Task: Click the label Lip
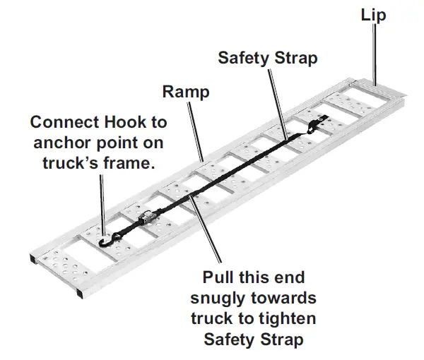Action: coord(372,14)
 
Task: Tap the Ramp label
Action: coord(186,92)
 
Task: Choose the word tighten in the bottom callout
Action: coord(281,318)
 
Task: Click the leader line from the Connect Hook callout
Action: coord(102,205)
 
